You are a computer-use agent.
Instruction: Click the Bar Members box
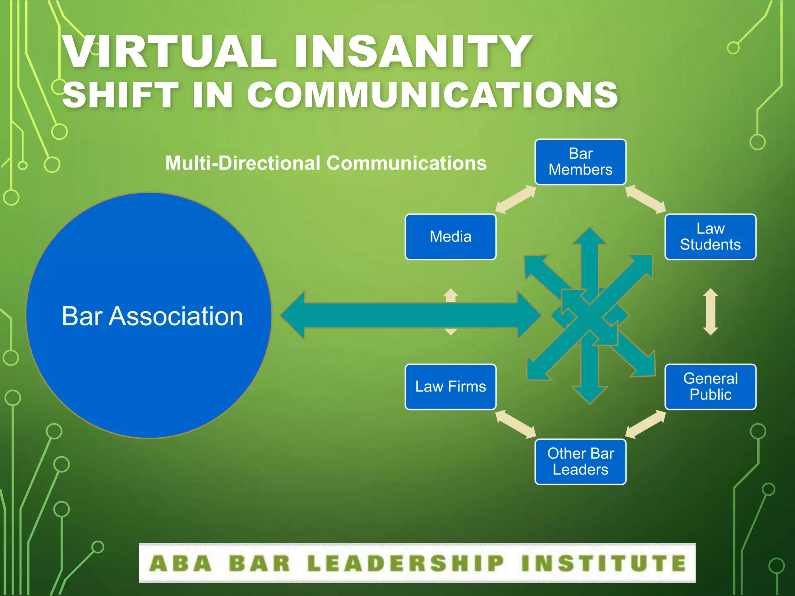point(580,162)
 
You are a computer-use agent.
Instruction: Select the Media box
point(450,237)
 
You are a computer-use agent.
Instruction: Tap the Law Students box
point(710,237)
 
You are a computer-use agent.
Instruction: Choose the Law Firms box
point(450,386)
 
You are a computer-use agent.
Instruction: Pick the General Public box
point(710,386)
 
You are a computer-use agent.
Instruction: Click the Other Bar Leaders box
point(580,461)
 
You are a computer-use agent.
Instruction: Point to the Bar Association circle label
point(152,316)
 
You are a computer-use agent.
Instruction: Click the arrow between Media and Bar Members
point(516,199)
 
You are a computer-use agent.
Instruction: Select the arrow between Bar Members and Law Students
point(646,199)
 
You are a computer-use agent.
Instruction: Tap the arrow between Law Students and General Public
point(710,312)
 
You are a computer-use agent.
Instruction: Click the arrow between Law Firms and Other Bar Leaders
point(516,424)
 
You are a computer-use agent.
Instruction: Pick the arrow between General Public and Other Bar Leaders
point(646,424)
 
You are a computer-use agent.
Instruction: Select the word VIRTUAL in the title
point(170,52)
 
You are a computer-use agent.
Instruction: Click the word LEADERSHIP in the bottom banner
point(405,563)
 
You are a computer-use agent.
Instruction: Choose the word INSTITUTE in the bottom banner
point(604,563)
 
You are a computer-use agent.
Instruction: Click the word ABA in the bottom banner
point(181,563)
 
